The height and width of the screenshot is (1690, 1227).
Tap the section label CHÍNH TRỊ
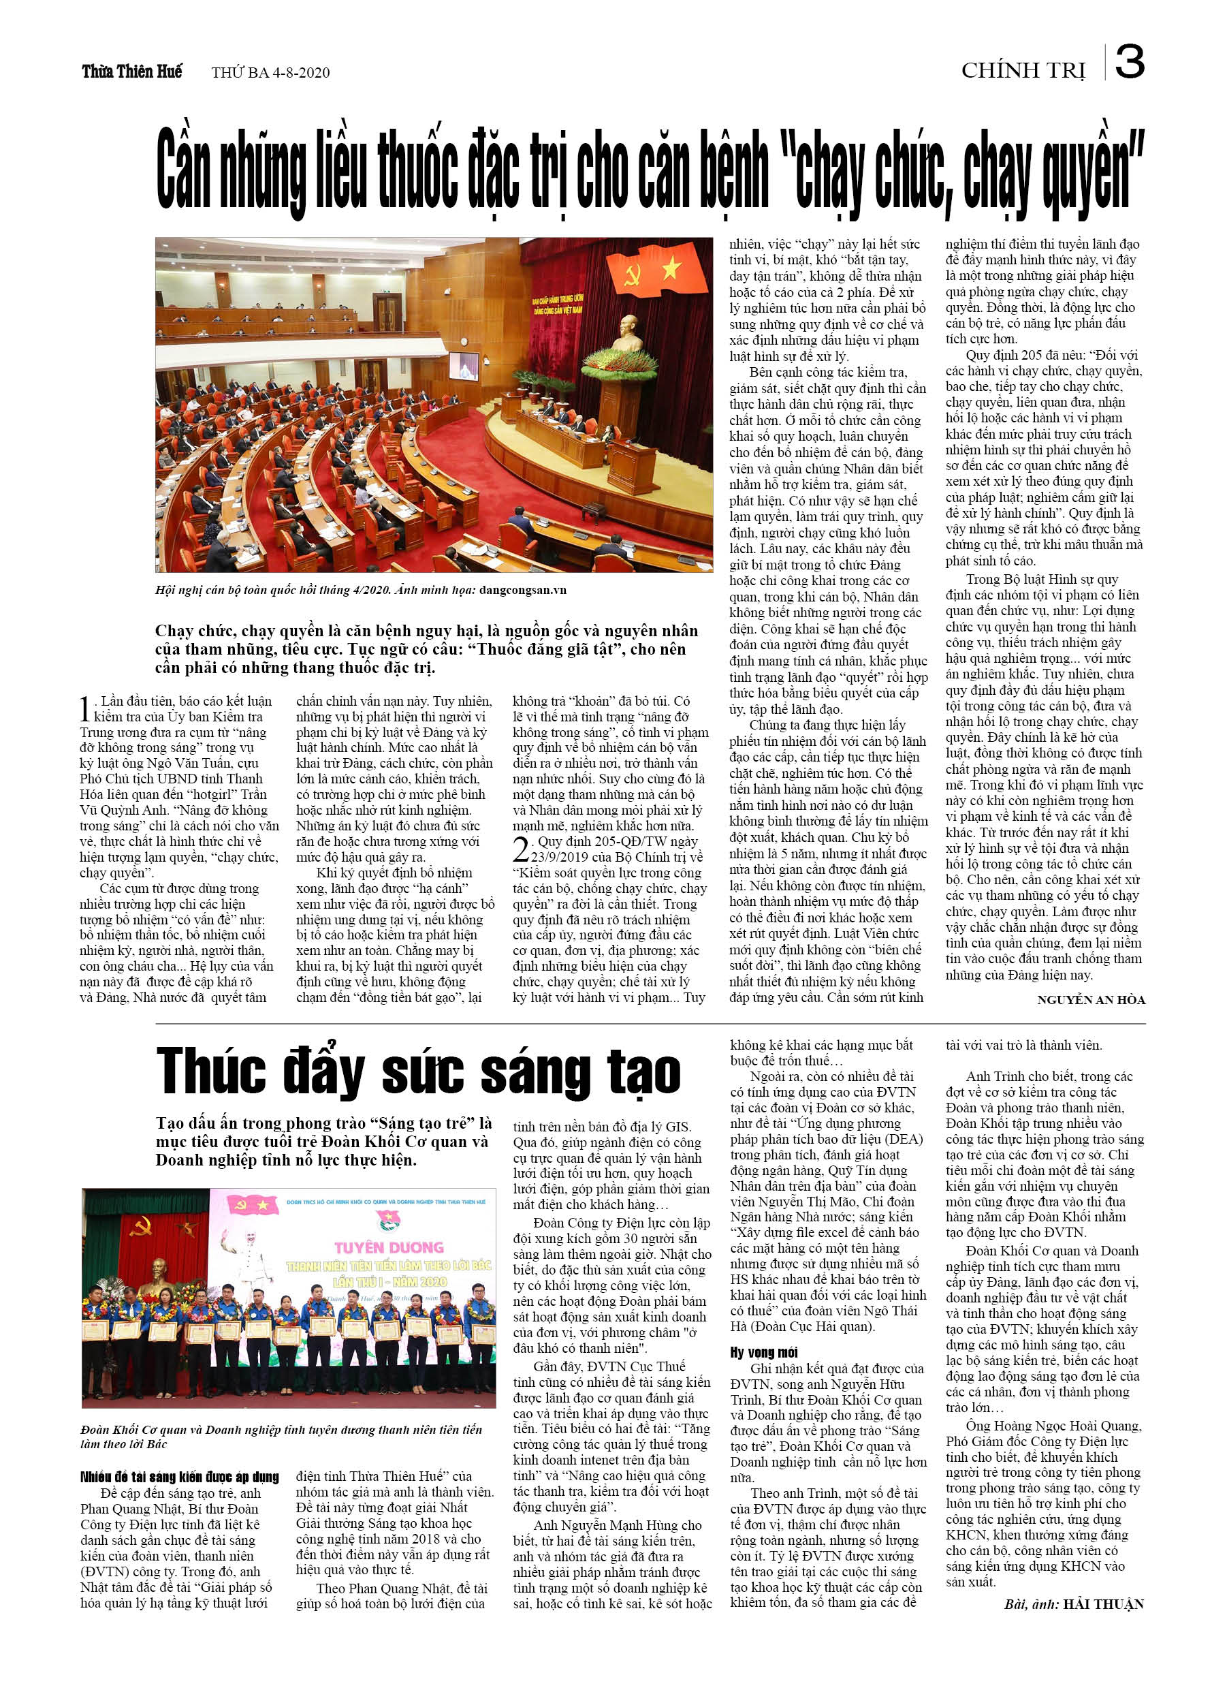click(1023, 71)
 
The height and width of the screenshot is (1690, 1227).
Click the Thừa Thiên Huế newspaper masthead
click(132, 72)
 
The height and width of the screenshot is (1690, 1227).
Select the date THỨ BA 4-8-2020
click(270, 72)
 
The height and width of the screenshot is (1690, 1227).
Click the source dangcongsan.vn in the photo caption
click(523, 590)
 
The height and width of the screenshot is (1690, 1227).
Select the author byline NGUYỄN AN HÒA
click(1091, 1000)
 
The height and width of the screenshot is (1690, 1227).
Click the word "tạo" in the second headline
click(643, 1073)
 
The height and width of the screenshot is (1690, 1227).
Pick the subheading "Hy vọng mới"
click(763, 1352)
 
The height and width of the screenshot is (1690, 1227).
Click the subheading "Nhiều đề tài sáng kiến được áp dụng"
click(180, 1477)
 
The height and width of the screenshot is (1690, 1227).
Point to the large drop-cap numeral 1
click(86, 709)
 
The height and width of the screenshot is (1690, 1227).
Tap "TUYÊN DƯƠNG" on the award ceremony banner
click(389, 1247)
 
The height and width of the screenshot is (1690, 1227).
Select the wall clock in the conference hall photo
click(464, 341)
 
